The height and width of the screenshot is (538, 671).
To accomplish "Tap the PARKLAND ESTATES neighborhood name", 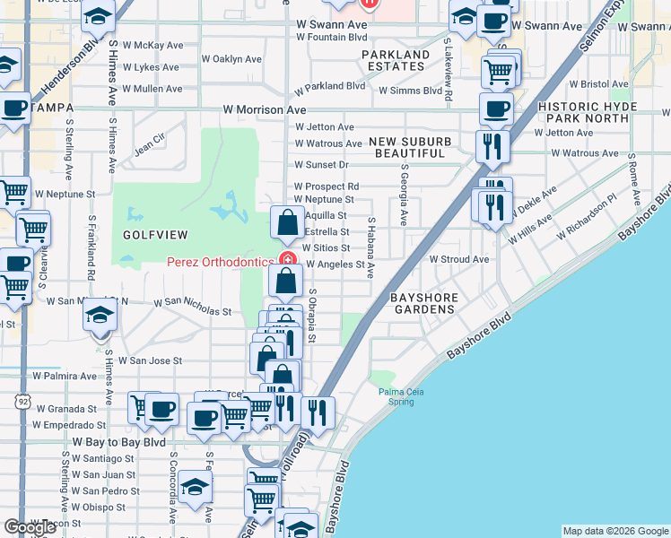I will coord(396,60).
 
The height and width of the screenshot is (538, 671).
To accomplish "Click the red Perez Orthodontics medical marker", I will coord(287,260).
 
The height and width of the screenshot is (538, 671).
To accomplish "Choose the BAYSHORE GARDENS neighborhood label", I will coord(423,303).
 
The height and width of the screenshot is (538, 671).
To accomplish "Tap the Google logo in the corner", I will coord(30,527).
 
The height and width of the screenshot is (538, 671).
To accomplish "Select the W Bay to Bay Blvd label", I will coord(119,443).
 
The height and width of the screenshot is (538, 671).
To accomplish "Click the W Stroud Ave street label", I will coord(458,259).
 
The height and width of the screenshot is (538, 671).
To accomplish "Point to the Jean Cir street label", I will coord(150,141).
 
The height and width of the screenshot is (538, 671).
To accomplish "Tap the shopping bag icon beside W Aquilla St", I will coord(287,221).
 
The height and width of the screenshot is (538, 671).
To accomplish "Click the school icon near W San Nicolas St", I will coord(100,315).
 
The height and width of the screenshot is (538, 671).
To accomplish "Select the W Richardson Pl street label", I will coord(587,219).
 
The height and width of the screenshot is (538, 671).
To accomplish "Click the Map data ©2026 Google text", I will coord(614,531).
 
